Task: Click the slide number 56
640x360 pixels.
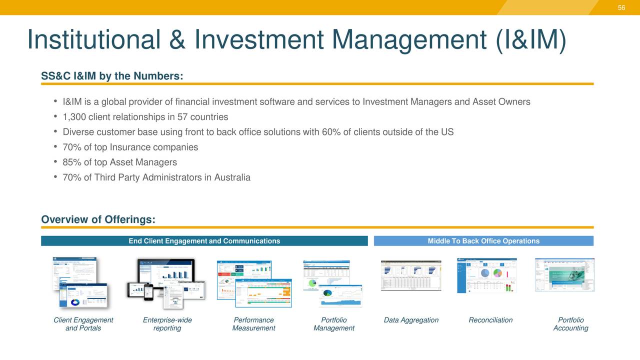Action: click(x=621, y=7)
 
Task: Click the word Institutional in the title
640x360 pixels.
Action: click(x=93, y=39)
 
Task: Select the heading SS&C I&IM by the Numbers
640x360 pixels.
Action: click(x=112, y=76)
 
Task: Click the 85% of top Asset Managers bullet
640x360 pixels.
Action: click(x=119, y=162)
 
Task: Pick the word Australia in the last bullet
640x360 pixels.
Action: click(x=232, y=177)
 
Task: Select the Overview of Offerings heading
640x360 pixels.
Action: click(x=98, y=220)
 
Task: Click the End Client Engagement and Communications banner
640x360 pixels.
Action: click(x=204, y=241)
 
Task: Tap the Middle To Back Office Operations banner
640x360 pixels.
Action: click(x=483, y=241)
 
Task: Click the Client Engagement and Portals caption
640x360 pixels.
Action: click(x=83, y=324)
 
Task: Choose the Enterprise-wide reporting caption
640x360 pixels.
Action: click(x=167, y=324)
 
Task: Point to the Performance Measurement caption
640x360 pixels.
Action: click(x=253, y=324)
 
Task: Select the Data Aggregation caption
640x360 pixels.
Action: click(x=411, y=320)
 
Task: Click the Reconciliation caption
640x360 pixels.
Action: click(x=490, y=320)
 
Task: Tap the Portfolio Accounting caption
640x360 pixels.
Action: click(x=570, y=324)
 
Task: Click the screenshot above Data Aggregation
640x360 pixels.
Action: click(x=411, y=275)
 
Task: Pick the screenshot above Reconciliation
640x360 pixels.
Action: click(x=487, y=275)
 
